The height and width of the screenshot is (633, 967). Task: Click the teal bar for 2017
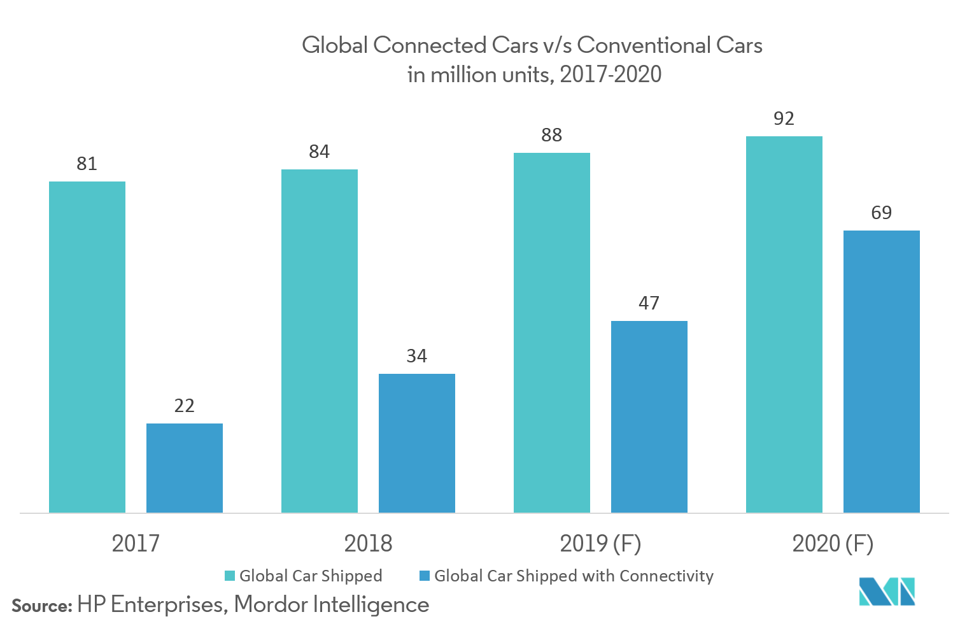tap(87, 347)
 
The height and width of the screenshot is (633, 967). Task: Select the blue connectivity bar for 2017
tap(185, 468)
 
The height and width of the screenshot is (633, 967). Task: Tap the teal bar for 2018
tap(320, 341)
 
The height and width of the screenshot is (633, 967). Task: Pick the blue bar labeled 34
tap(417, 443)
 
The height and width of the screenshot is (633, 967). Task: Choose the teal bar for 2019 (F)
tap(552, 332)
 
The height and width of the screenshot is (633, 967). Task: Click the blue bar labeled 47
tap(649, 416)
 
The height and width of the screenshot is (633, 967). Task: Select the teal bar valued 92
tap(784, 324)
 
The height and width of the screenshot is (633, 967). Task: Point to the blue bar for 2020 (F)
tap(882, 371)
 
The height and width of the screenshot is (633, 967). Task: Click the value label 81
tap(87, 164)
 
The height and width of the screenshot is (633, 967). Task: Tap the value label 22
tap(185, 406)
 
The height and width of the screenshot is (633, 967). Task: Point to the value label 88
tap(552, 136)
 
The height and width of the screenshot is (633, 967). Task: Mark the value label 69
tap(882, 213)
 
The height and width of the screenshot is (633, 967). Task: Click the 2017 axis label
tap(136, 544)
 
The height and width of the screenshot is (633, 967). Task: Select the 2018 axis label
tap(368, 544)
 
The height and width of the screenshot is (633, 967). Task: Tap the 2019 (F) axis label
tap(600, 544)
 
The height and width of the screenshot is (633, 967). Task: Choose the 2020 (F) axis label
tap(833, 544)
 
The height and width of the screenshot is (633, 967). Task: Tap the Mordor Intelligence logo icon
tap(887, 591)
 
